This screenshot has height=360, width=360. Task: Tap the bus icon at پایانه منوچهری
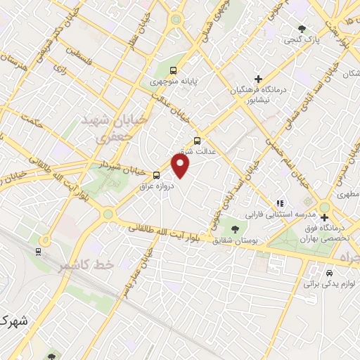173,70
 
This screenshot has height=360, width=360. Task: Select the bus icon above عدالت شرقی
197,139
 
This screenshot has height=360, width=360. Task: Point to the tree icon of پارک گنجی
302,29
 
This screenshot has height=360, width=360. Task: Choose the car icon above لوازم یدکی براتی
328,272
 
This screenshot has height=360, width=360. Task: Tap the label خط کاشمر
65,266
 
